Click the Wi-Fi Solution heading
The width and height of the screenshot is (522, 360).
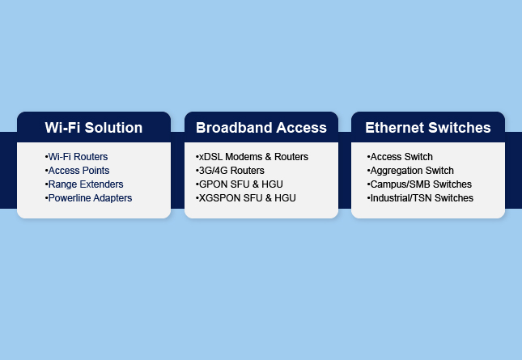click(94, 128)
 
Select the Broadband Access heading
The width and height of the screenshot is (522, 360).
click(261, 128)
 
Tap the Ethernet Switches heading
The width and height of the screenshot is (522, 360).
click(428, 128)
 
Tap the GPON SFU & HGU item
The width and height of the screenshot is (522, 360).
click(240, 184)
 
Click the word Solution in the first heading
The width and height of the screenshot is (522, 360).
click(113, 128)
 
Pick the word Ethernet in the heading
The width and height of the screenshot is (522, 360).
click(394, 128)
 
